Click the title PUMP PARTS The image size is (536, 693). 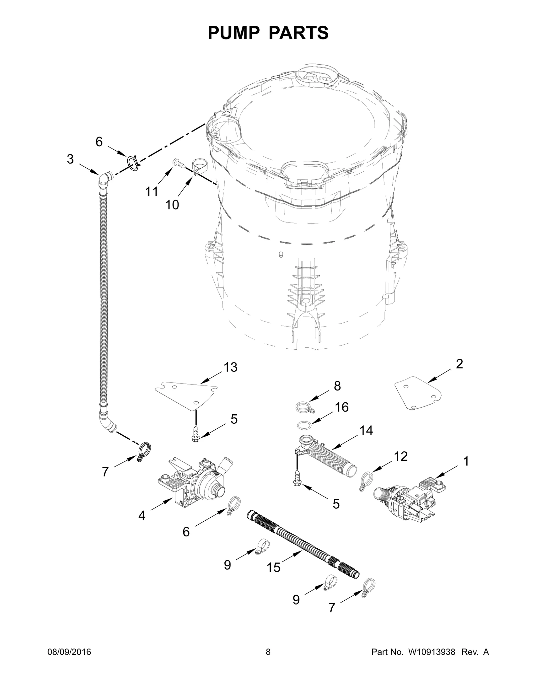click(x=268, y=33)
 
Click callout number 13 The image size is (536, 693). click(x=230, y=367)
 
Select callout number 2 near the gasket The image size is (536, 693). click(x=459, y=364)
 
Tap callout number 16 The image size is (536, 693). click(x=342, y=407)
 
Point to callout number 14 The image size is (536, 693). click(x=366, y=430)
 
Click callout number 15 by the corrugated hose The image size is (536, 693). click(x=273, y=567)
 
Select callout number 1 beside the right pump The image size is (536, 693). click(x=466, y=461)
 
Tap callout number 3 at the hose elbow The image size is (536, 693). click(x=70, y=159)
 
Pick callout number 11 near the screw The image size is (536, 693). click(x=151, y=192)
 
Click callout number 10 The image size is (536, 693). click(x=172, y=204)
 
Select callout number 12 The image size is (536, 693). click(x=401, y=456)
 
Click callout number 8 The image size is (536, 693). click(x=337, y=386)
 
